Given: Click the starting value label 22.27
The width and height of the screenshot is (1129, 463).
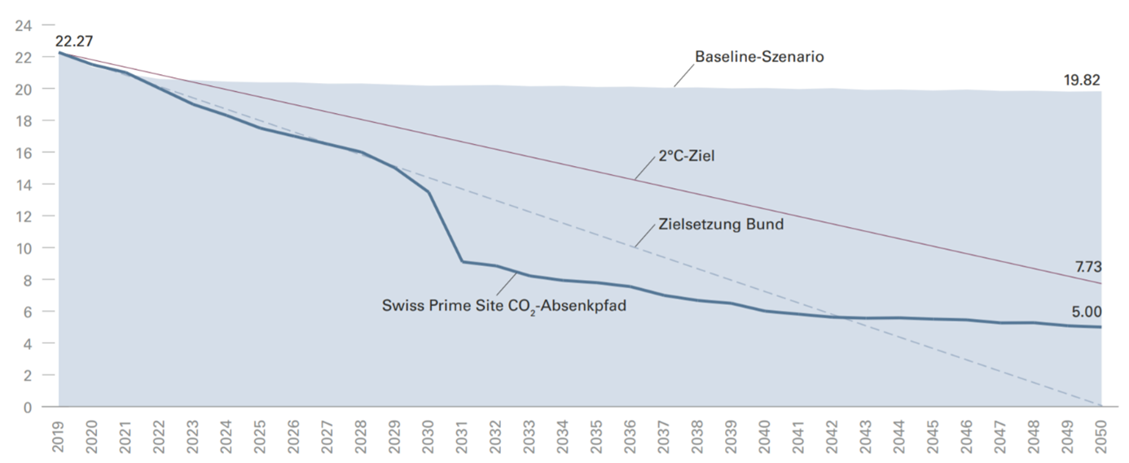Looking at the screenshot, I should coord(71,40).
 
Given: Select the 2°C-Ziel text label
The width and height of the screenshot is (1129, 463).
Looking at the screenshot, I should coord(687,155).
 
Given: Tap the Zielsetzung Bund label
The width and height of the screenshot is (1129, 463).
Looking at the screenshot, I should coord(720,224).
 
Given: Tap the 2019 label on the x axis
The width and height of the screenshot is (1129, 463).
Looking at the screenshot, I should coord(59,437).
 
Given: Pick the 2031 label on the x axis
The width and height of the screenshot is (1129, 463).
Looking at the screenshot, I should coord(462,437).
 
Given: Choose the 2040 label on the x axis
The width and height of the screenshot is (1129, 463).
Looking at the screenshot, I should coord(765,437).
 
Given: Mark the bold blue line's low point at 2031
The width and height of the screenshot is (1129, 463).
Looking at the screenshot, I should coord(462,261).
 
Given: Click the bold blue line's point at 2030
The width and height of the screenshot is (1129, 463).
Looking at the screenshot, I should coord(428,192).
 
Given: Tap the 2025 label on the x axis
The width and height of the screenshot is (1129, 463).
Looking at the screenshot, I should coord(261,437).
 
